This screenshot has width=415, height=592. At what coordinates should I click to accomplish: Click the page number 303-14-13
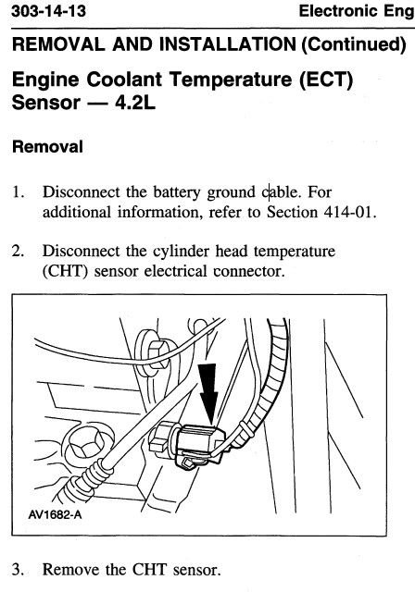[x=49, y=11]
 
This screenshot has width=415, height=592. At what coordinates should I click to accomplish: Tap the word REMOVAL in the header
[x=58, y=44]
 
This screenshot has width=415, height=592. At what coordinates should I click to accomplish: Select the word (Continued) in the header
[x=353, y=44]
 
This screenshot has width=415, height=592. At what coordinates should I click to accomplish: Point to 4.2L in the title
[x=135, y=103]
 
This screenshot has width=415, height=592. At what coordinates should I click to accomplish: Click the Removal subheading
[x=47, y=146]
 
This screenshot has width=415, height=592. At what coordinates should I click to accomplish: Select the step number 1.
[x=19, y=191]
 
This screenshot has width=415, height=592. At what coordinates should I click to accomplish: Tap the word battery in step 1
[x=177, y=192]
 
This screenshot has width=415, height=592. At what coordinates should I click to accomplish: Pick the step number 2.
[x=19, y=251]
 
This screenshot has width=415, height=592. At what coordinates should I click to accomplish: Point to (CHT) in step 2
[x=65, y=271]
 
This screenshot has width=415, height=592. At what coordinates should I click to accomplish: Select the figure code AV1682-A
[x=55, y=514]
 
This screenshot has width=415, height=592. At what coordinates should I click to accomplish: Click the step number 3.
[x=19, y=570]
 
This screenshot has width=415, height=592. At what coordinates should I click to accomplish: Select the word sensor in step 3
[x=196, y=570]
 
